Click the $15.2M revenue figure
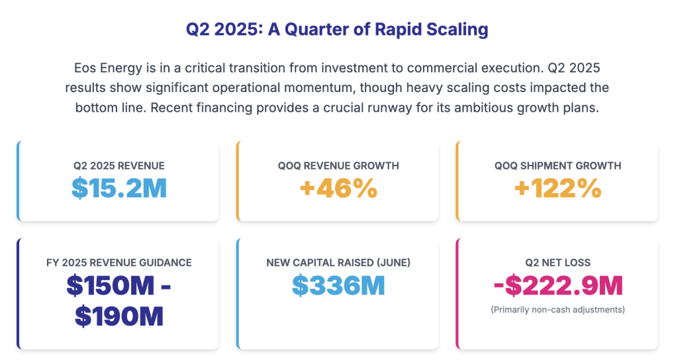(x=119, y=188)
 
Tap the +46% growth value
(x=338, y=188)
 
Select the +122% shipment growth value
(x=558, y=188)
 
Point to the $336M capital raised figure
(x=338, y=285)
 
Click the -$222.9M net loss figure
(x=558, y=285)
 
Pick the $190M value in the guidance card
(x=119, y=316)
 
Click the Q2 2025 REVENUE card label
(x=119, y=165)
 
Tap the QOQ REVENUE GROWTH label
(x=338, y=165)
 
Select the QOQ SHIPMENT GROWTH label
(x=558, y=165)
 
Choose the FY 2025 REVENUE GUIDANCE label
(x=119, y=263)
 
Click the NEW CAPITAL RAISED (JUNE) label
(x=338, y=263)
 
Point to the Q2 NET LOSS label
(x=558, y=263)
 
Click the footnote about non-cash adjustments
(x=558, y=309)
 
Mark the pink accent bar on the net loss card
(x=458, y=293)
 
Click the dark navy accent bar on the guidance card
(x=19, y=293)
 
